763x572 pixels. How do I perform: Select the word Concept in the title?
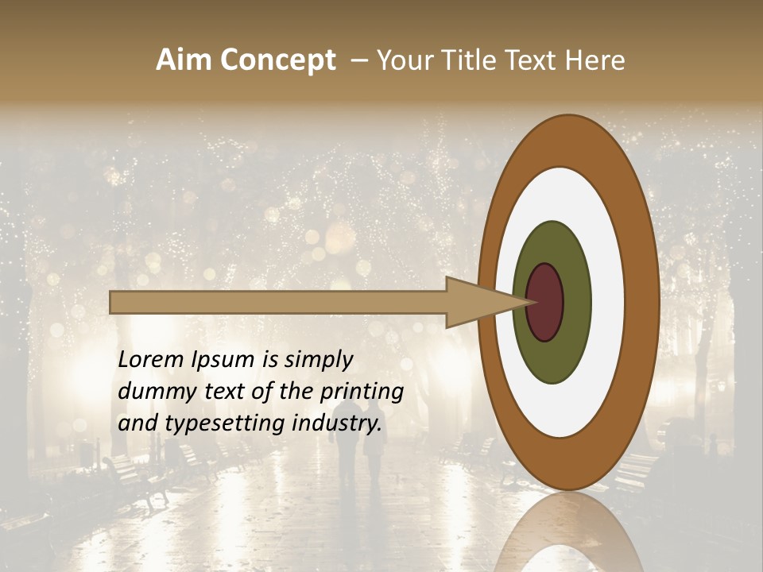tap(277, 61)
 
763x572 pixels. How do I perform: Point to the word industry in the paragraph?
tap(337, 423)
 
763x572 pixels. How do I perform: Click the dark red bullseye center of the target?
tap(544, 302)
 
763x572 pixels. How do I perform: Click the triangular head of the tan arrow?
tap(477, 302)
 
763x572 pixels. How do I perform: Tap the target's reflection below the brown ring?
tap(568, 532)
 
